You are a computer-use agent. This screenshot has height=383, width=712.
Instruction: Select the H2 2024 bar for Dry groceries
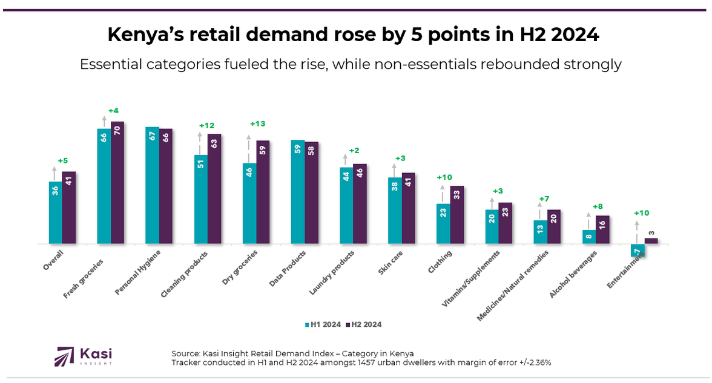[x=263, y=192]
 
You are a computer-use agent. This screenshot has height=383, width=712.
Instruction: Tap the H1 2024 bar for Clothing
[x=443, y=223]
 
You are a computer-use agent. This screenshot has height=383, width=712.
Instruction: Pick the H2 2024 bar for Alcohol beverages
[x=602, y=229]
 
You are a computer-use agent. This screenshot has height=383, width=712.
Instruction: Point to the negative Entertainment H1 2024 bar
[x=637, y=250]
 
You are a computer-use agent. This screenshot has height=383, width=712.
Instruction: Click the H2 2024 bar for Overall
[x=69, y=208]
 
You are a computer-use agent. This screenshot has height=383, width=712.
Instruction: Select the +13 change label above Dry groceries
[x=257, y=123]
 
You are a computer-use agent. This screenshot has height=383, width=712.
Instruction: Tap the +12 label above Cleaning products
[x=206, y=125]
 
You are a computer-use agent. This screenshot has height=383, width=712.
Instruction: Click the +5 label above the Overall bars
[x=63, y=160]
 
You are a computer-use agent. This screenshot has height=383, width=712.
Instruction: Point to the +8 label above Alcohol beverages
[x=596, y=205]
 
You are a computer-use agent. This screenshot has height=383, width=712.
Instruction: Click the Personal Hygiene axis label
[x=138, y=272]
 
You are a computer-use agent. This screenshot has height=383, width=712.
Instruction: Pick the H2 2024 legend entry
[x=363, y=324]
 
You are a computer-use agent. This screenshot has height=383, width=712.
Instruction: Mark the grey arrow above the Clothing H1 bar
[x=443, y=194]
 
